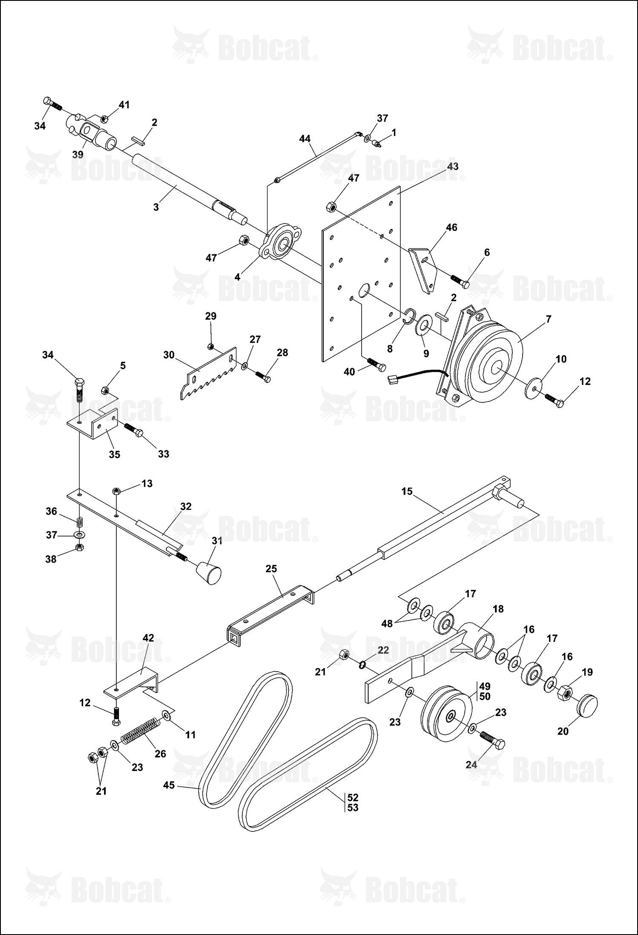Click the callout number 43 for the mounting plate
tap(452, 166)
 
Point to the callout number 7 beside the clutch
tap(548, 319)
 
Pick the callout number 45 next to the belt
tap(169, 785)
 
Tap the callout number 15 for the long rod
tap(407, 491)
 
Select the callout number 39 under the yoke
tap(78, 155)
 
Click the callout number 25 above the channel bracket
tap(271, 569)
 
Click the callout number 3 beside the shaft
tap(156, 207)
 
